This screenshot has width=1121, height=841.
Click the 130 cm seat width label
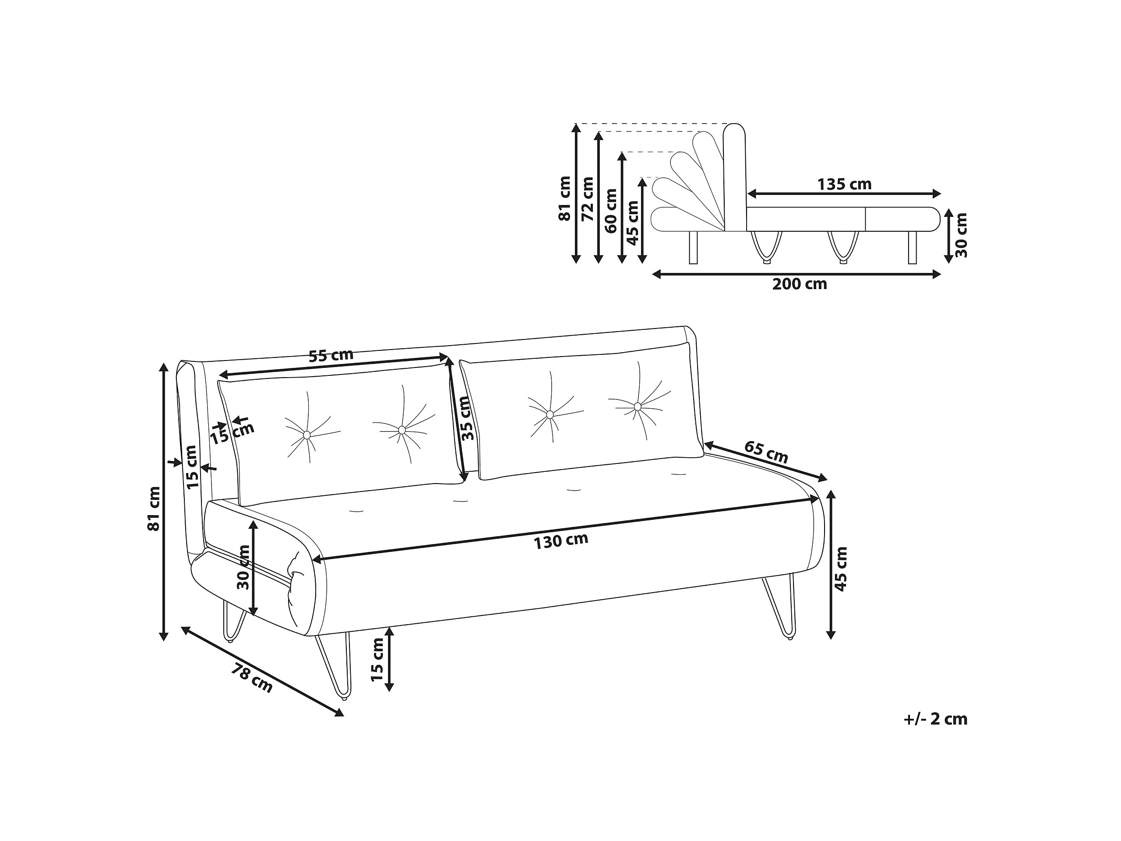[560, 541]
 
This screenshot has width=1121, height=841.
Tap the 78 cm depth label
[252, 678]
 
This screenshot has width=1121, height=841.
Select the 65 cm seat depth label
[766, 452]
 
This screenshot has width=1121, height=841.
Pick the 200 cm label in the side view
[799, 284]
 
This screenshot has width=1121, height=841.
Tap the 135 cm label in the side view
[844, 184]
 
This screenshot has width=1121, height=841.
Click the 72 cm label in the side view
[587, 199]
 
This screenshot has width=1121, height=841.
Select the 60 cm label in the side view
[611, 210]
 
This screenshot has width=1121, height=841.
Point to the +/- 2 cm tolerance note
[935, 719]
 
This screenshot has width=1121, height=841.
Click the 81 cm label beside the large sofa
[154, 509]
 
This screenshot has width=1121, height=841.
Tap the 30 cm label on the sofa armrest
[244, 567]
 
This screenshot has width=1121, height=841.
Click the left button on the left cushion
[307, 435]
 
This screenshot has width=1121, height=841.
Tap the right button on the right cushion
[638, 406]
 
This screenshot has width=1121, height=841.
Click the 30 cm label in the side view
[961, 235]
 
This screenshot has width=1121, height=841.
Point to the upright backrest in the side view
[734, 177]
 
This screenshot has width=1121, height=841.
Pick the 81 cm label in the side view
[564, 199]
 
